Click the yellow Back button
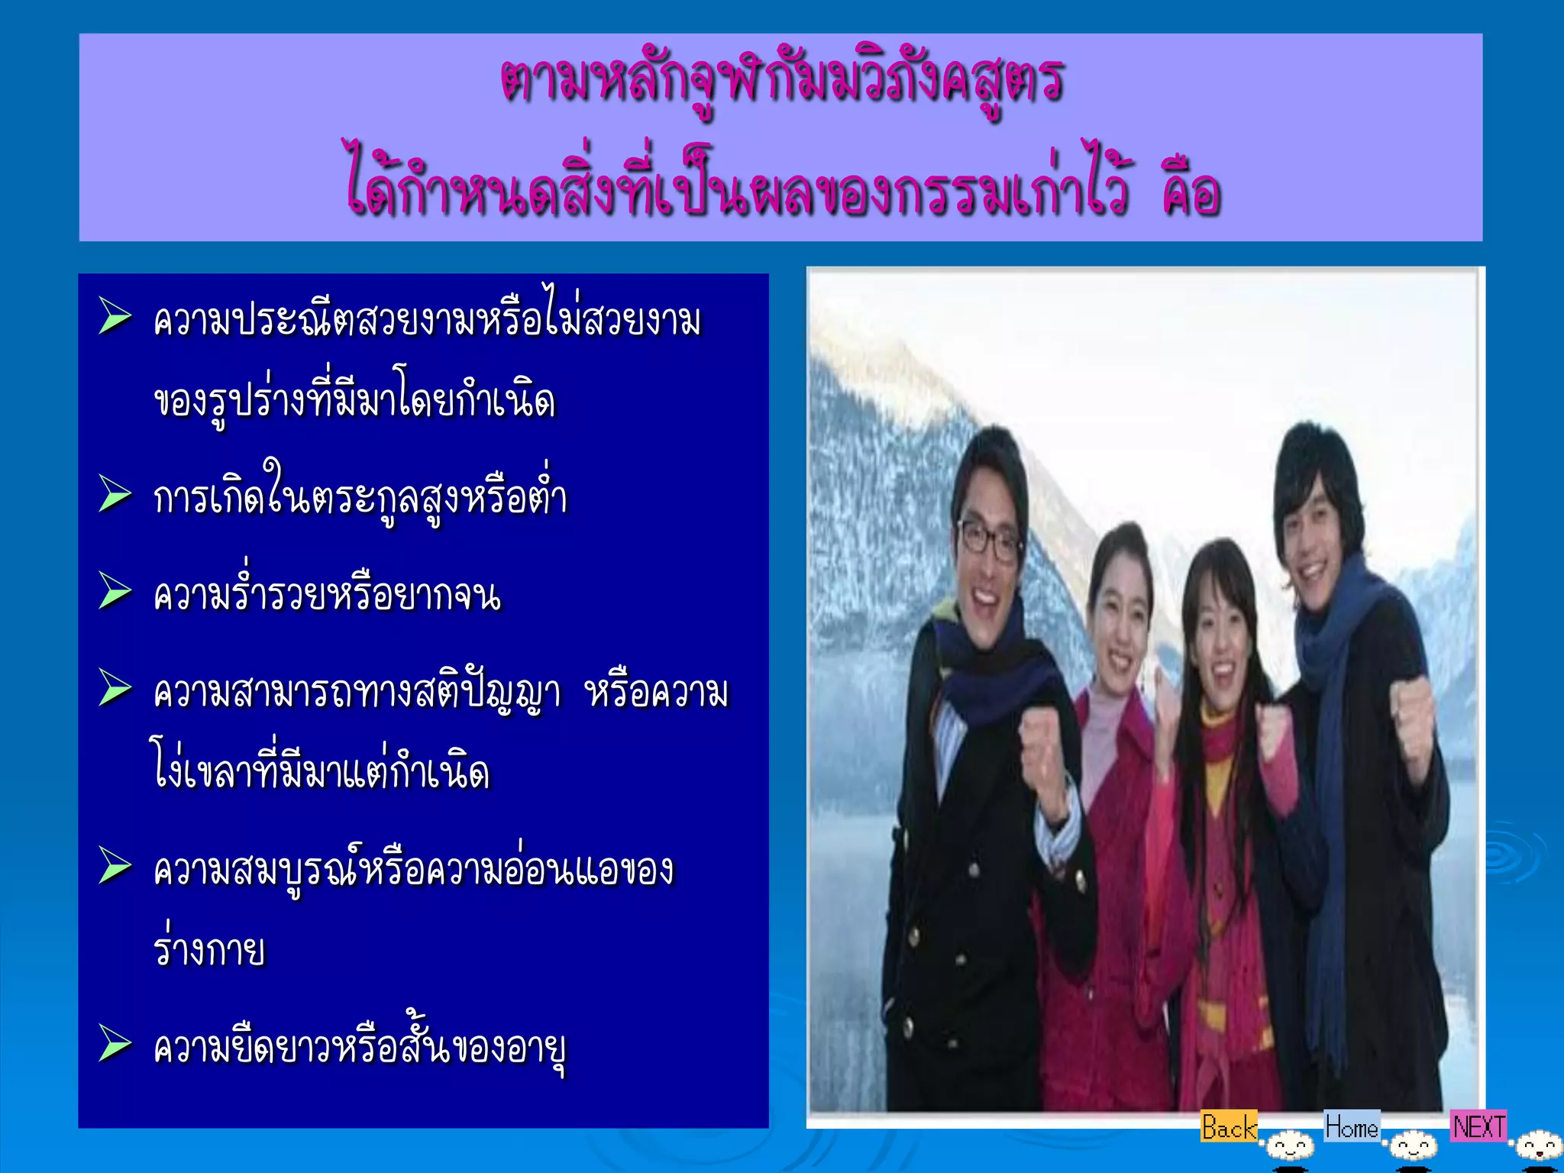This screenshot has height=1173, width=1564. click(1228, 1127)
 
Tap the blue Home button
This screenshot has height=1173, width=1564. click(1351, 1126)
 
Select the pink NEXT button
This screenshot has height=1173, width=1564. click(1478, 1126)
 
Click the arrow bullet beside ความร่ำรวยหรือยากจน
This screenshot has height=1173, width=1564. click(115, 592)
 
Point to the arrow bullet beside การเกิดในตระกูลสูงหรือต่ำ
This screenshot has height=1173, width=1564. click(115, 494)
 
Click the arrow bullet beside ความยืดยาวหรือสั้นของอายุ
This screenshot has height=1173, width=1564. click(115, 1043)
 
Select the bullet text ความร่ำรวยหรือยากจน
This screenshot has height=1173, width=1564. click(327, 595)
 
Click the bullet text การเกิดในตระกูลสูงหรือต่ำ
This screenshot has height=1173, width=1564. click(360, 496)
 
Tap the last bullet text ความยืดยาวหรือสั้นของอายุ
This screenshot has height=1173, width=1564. click(359, 1048)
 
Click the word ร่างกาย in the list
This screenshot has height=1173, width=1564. click(209, 949)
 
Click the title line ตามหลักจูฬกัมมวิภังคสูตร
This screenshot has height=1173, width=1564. click(781, 80)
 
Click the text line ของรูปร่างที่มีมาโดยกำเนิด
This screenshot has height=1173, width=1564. click(354, 401)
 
